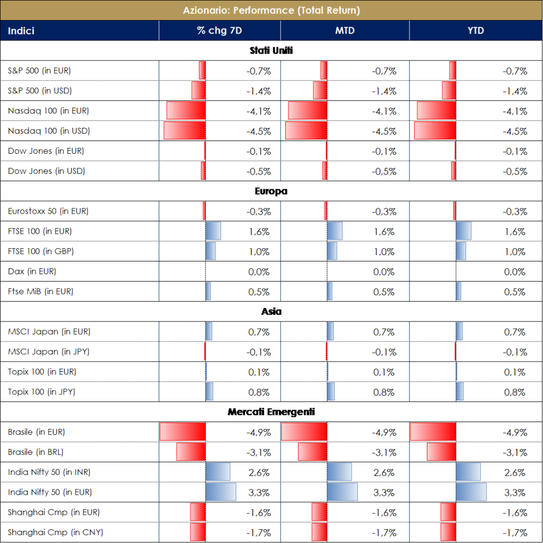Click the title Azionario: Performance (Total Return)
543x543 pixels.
click(271, 10)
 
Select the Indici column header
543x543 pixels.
click(21, 31)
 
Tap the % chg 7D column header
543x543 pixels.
click(220, 31)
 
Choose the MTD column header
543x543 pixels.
click(345, 31)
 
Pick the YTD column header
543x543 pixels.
click(476, 31)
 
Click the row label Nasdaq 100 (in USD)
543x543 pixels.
click(49, 131)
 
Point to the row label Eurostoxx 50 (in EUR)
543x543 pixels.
click(48, 211)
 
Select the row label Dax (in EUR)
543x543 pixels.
click(32, 271)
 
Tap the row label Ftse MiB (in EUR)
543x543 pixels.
click(41, 292)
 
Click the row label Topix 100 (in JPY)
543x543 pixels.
click(42, 392)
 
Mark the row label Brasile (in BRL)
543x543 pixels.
click(36, 452)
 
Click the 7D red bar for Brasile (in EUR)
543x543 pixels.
click(182, 432)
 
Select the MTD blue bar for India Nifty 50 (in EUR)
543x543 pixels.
click(342, 492)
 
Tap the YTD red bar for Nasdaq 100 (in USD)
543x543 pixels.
click(435, 131)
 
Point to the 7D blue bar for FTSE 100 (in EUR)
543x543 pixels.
click(213, 231)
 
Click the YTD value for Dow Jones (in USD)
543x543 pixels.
click(514, 171)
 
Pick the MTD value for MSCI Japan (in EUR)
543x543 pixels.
click(384, 332)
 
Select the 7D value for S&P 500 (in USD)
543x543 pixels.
click(259, 91)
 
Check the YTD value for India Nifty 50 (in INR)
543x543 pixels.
click(514, 472)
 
